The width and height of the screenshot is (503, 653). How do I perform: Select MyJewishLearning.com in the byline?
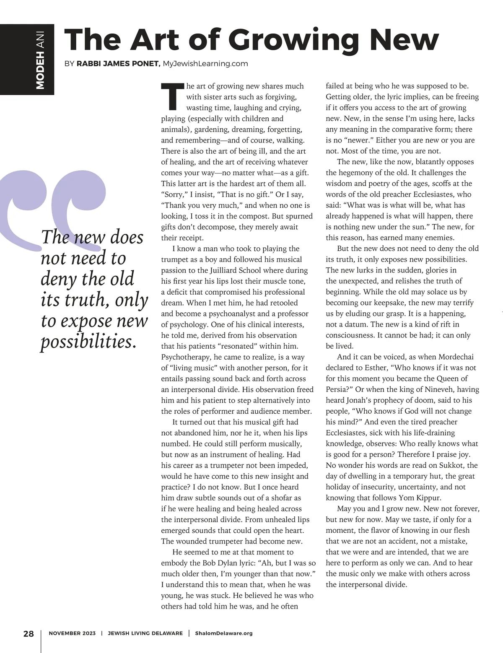pyautogui.click(x=205, y=64)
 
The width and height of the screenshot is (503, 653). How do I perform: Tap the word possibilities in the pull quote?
pyautogui.click(x=88, y=342)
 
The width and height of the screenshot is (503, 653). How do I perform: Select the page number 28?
pyautogui.click(x=29, y=633)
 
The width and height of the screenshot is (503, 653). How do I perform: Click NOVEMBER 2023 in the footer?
pyautogui.click(x=72, y=633)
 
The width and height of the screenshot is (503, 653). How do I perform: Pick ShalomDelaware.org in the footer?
pyautogui.click(x=224, y=633)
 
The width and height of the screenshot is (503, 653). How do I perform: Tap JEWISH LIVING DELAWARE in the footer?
pyautogui.click(x=145, y=633)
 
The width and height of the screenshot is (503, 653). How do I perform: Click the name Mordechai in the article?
pyautogui.click(x=456, y=357)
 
